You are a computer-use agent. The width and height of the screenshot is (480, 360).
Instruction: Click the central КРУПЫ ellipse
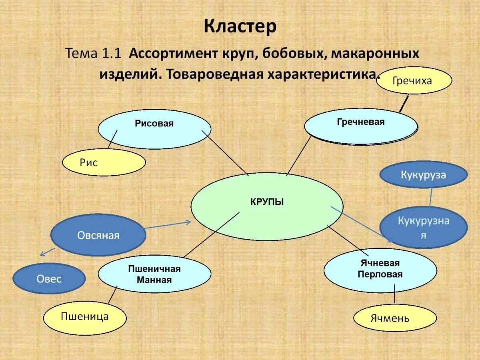click(267, 206)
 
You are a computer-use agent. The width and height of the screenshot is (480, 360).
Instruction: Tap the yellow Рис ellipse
click(104, 163)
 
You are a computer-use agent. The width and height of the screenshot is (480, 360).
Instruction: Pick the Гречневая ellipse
click(360, 126)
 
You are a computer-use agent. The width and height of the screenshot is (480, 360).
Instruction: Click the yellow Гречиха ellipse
click(414, 81)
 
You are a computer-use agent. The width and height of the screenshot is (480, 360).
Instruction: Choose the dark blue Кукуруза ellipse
click(423, 175)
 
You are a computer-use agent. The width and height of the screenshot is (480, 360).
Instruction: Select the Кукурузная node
click(423, 227)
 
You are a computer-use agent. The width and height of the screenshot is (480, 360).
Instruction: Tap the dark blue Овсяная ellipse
click(98, 235)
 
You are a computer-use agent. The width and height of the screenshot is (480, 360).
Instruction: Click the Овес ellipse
click(49, 278)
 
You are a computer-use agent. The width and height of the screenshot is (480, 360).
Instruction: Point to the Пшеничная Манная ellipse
click(154, 275)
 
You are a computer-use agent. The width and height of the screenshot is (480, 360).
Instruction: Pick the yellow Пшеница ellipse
click(85, 318)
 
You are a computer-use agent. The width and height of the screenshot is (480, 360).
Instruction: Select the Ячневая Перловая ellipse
click(380, 270)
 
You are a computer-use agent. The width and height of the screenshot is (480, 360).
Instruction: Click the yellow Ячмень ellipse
click(395, 318)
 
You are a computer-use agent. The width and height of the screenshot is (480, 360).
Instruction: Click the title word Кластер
click(240, 27)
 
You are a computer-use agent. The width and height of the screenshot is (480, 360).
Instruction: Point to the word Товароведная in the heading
click(212, 74)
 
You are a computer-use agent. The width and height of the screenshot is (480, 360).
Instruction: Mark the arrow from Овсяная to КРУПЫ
click(168, 225)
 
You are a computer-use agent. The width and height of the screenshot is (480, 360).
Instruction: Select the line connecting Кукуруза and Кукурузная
click(431, 197)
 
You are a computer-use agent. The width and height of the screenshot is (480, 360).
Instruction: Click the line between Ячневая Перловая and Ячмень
click(394, 294)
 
